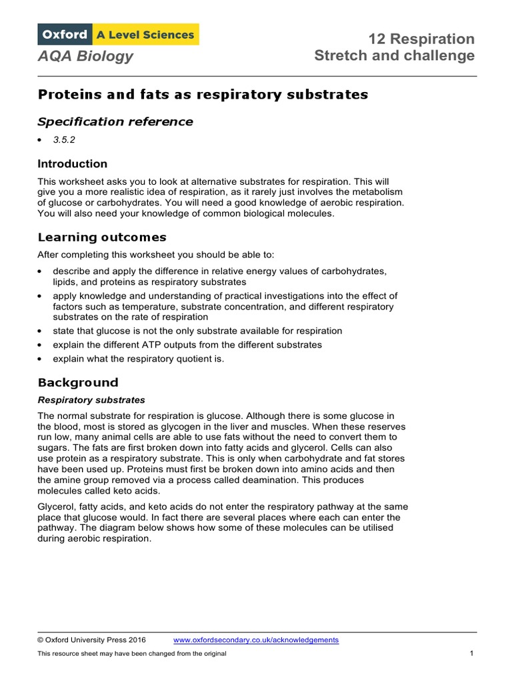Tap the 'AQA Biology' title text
[85, 57]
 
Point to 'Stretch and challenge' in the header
[394, 56]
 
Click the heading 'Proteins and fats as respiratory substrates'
[203, 95]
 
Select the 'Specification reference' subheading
[115, 121]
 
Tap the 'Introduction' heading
[72, 164]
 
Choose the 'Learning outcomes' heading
[102, 237]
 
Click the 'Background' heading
[77, 383]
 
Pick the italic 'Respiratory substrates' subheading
[91, 400]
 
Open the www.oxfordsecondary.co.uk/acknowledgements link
[255, 640]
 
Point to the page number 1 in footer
[471, 654]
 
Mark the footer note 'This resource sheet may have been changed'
[132, 654]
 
